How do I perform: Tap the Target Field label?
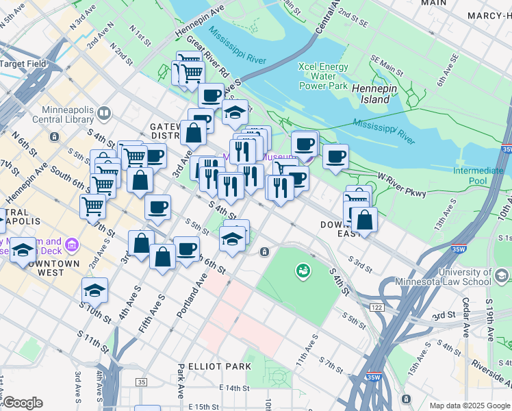[23, 64]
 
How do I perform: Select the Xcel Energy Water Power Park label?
[323, 76]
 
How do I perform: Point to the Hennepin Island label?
[379, 94]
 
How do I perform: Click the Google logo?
[23, 403]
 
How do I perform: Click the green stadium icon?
[302, 272]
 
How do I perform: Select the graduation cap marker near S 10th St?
[94, 290]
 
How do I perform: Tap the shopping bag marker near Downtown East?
[365, 220]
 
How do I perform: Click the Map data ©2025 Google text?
[470, 406]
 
